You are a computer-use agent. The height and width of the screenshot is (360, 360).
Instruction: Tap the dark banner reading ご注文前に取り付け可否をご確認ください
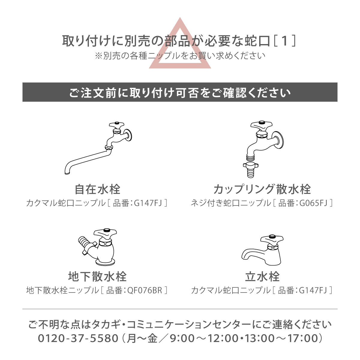click(x=180, y=92)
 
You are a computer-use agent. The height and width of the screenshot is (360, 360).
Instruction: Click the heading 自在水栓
click(x=97, y=189)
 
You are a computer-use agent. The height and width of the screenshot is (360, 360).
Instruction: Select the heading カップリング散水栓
click(x=262, y=189)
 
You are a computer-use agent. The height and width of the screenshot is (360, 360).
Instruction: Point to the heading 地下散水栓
click(x=97, y=277)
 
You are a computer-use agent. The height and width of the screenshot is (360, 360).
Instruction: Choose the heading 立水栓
click(x=262, y=277)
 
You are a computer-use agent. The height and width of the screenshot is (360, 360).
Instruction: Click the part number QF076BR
click(x=145, y=290)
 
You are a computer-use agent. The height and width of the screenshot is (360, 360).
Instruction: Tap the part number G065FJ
click(x=313, y=203)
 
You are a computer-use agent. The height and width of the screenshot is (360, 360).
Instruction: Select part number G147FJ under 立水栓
click(x=313, y=290)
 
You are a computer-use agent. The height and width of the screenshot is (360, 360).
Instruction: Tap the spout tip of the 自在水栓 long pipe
click(x=67, y=173)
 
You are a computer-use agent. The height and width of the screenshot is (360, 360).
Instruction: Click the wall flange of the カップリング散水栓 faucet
click(x=277, y=140)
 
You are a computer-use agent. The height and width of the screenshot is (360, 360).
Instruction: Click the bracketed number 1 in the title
click(x=284, y=41)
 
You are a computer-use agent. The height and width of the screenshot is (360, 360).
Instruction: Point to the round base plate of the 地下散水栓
click(x=105, y=262)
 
